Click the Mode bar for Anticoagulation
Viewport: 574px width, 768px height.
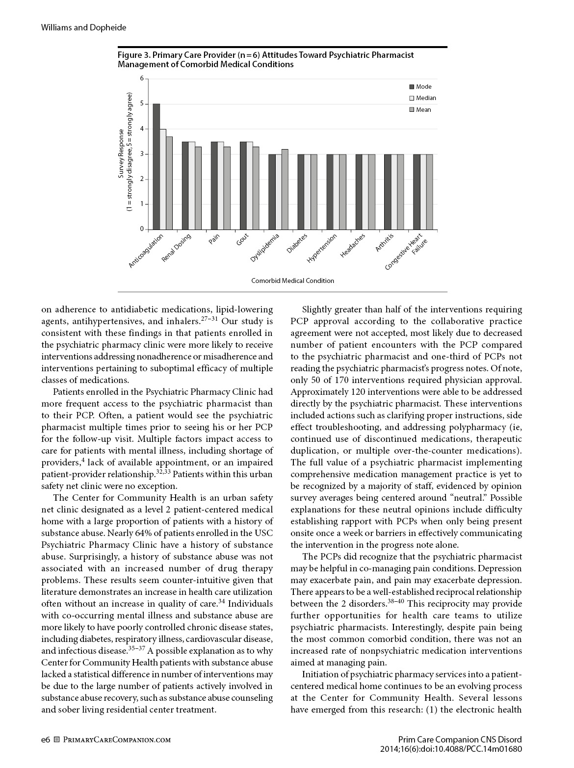tap(157, 167)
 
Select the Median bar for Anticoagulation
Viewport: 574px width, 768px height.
tap(163, 179)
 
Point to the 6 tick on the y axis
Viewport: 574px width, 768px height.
tap(142, 78)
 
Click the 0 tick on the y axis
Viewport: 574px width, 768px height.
tap(142, 229)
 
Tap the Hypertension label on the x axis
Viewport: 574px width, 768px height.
tap(322, 249)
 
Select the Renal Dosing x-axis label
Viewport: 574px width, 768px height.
tap(177, 248)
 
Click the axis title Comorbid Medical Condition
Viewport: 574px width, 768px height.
tap(292, 281)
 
